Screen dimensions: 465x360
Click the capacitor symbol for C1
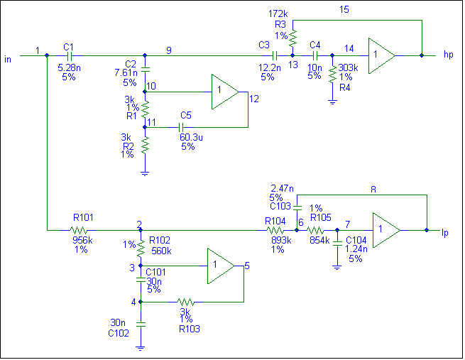tap(70, 55)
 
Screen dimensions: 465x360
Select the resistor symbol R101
tap(79, 230)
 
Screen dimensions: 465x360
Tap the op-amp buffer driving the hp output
tap(382, 55)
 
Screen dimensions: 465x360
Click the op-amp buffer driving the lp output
tap(386, 230)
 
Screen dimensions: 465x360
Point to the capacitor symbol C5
tap(181, 128)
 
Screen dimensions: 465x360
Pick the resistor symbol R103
tap(185, 302)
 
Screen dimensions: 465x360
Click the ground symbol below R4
tap(332, 102)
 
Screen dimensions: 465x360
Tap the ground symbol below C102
tap(141, 348)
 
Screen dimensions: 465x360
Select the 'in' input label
tap(8, 60)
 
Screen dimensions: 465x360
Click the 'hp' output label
tap(449, 55)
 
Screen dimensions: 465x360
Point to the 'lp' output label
tap(445, 233)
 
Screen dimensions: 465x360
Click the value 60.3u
tap(191, 137)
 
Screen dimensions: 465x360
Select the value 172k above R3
tap(278, 13)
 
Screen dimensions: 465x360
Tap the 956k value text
tap(82, 240)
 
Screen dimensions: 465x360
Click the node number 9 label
tap(169, 50)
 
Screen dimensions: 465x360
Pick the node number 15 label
tap(344, 9)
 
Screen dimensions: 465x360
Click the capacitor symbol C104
tap(337, 244)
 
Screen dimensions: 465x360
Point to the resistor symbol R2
tap(145, 145)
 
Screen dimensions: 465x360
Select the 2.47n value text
tap(282, 188)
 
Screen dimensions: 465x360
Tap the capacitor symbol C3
tap(275, 55)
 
